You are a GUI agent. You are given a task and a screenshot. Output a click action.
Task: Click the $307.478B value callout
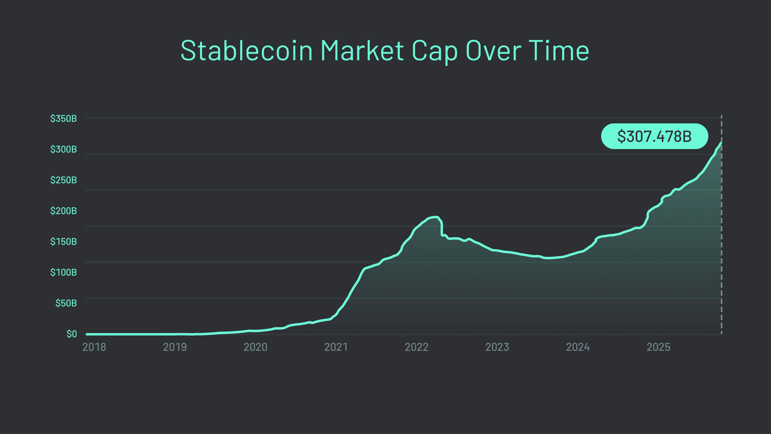(654, 136)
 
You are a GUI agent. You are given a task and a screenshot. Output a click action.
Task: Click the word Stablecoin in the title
(246, 51)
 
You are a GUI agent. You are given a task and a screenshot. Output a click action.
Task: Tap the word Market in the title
(362, 51)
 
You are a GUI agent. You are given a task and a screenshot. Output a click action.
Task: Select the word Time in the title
(559, 51)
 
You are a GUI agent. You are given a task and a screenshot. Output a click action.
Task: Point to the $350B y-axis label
(63, 119)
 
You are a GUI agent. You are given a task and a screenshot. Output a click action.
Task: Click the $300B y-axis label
(63, 149)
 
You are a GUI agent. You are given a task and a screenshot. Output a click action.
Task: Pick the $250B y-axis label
(63, 180)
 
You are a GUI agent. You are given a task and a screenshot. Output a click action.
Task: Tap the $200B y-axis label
(63, 211)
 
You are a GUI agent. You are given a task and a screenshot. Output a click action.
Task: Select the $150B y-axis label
(63, 242)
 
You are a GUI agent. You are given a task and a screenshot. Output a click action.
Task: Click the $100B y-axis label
(63, 272)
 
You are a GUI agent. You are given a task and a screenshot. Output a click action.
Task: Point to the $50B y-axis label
(66, 303)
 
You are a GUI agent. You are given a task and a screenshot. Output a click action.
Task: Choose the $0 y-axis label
(71, 334)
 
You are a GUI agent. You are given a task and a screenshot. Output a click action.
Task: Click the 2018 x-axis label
(94, 347)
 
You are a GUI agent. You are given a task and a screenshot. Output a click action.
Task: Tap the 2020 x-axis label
(255, 347)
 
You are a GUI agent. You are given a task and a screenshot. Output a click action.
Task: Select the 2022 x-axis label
(416, 347)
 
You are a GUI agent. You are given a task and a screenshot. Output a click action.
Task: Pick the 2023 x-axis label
(497, 347)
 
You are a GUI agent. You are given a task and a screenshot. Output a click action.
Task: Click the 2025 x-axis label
(658, 347)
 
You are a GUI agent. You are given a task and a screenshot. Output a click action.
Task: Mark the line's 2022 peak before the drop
(435, 217)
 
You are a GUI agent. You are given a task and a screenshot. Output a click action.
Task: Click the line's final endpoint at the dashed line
(721, 143)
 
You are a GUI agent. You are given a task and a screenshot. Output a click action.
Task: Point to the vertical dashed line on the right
(722, 241)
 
